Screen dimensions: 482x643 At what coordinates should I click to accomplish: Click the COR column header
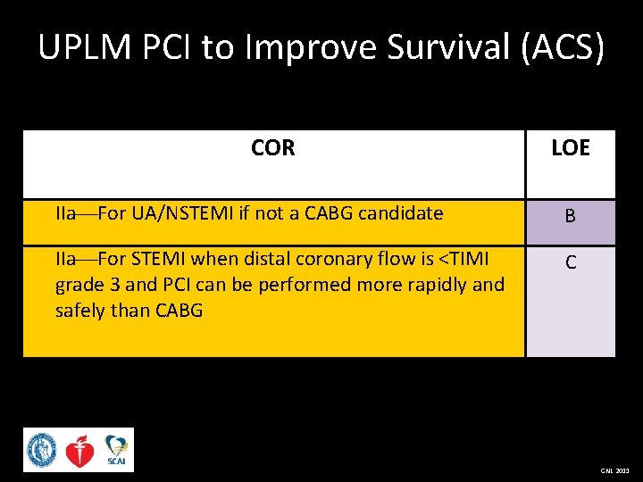[272, 148]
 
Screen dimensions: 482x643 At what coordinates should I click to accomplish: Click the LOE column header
[570, 148]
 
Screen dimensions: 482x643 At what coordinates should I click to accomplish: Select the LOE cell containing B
[570, 216]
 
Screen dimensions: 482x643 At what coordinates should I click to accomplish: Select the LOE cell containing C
[570, 263]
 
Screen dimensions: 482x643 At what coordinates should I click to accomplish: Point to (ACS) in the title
[562, 48]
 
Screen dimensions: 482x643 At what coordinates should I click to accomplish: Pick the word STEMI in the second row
[162, 259]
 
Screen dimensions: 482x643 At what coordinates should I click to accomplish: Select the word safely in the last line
[81, 311]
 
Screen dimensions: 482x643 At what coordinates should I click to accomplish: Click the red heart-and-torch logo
[79, 450]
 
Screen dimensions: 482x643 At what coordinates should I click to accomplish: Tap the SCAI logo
[115, 450]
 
